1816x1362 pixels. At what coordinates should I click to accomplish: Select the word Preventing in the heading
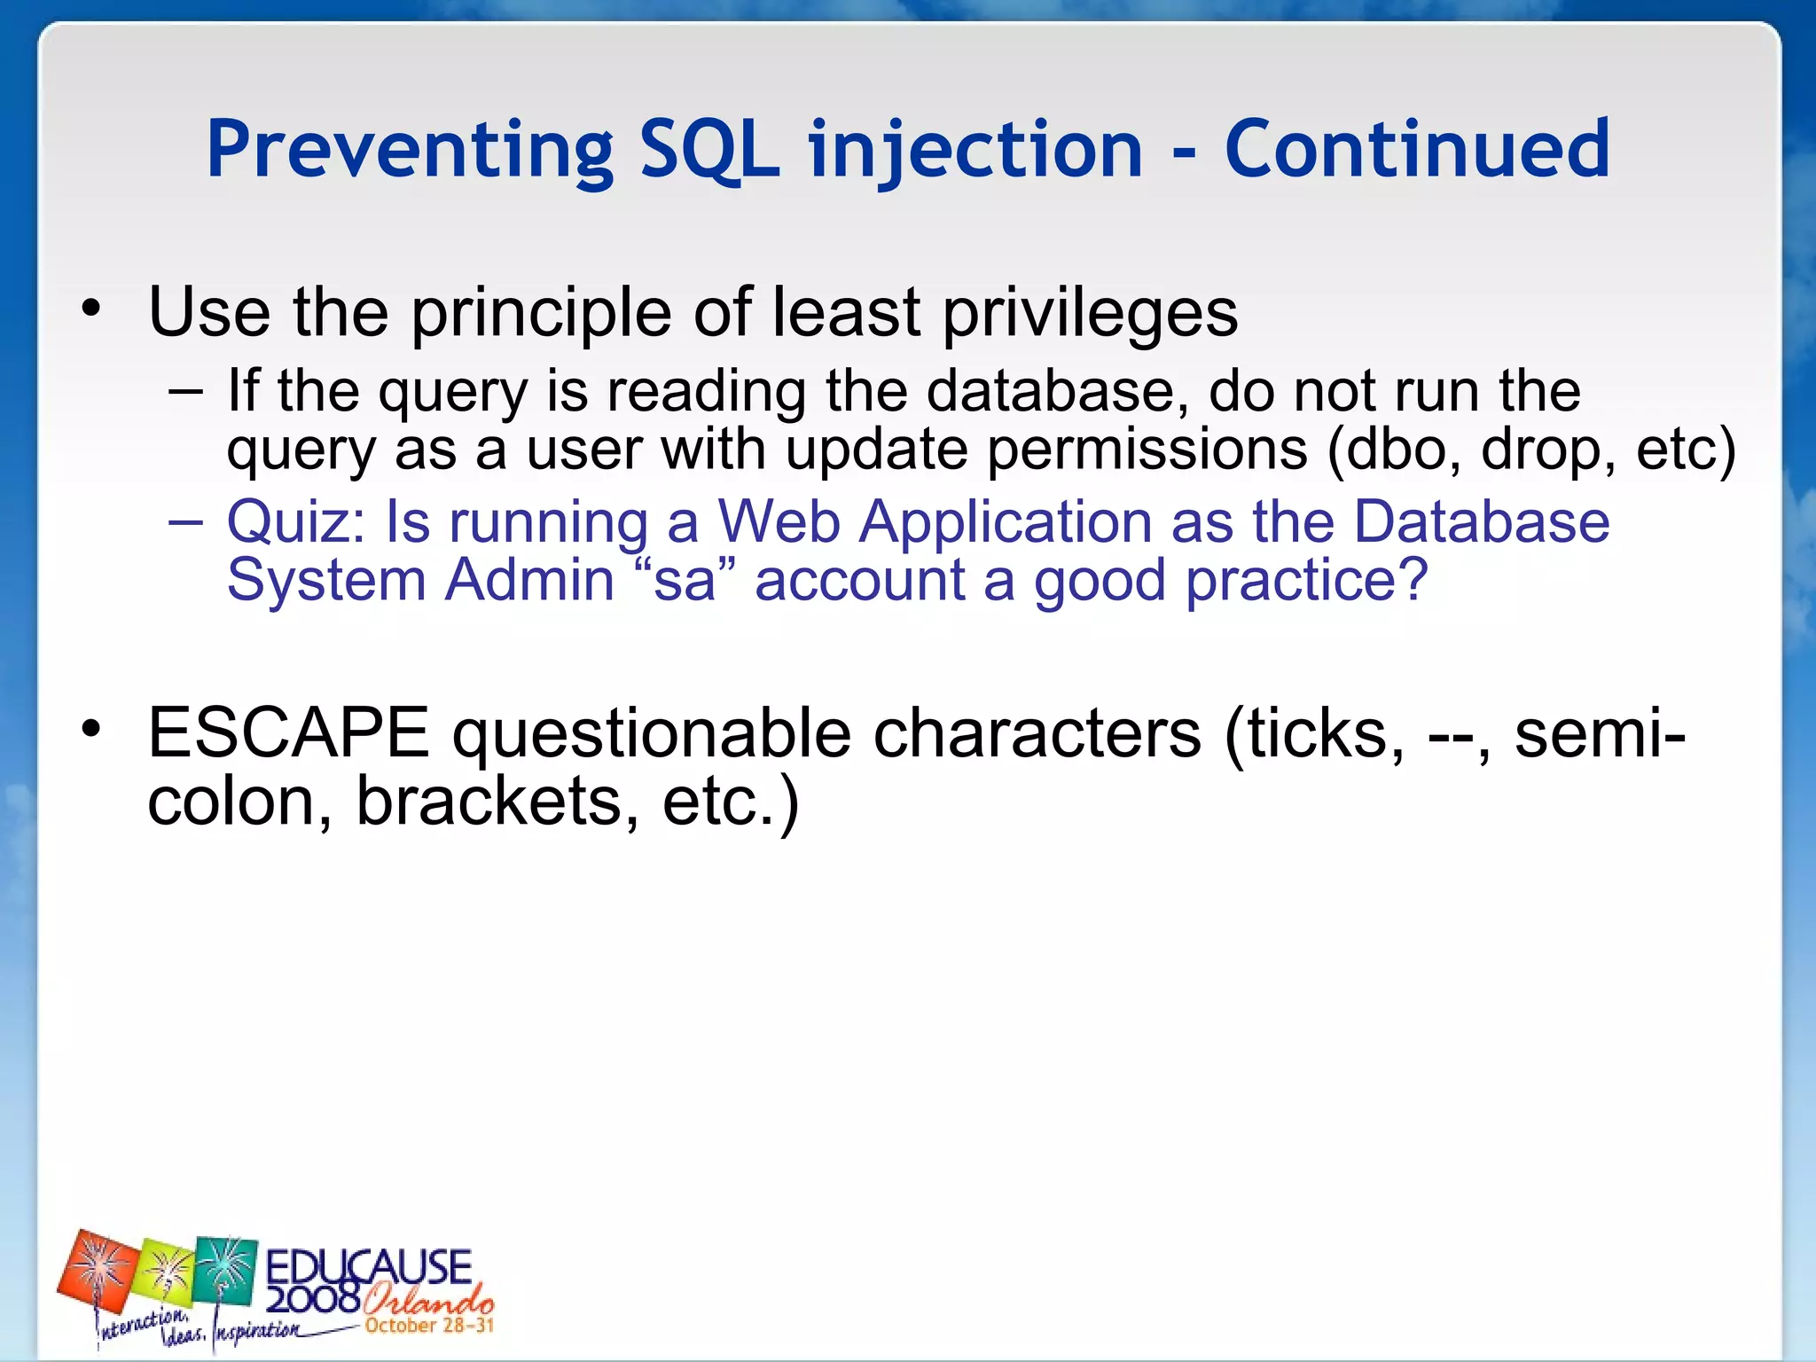pyautogui.click(x=410, y=151)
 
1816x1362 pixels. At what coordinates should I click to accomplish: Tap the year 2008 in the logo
pyautogui.click(x=312, y=1300)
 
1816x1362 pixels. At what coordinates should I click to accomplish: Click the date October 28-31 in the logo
pyautogui.click(x=429, y=1326)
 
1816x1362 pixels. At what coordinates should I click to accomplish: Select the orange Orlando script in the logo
pyautogui.click(x=427, y=1300)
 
